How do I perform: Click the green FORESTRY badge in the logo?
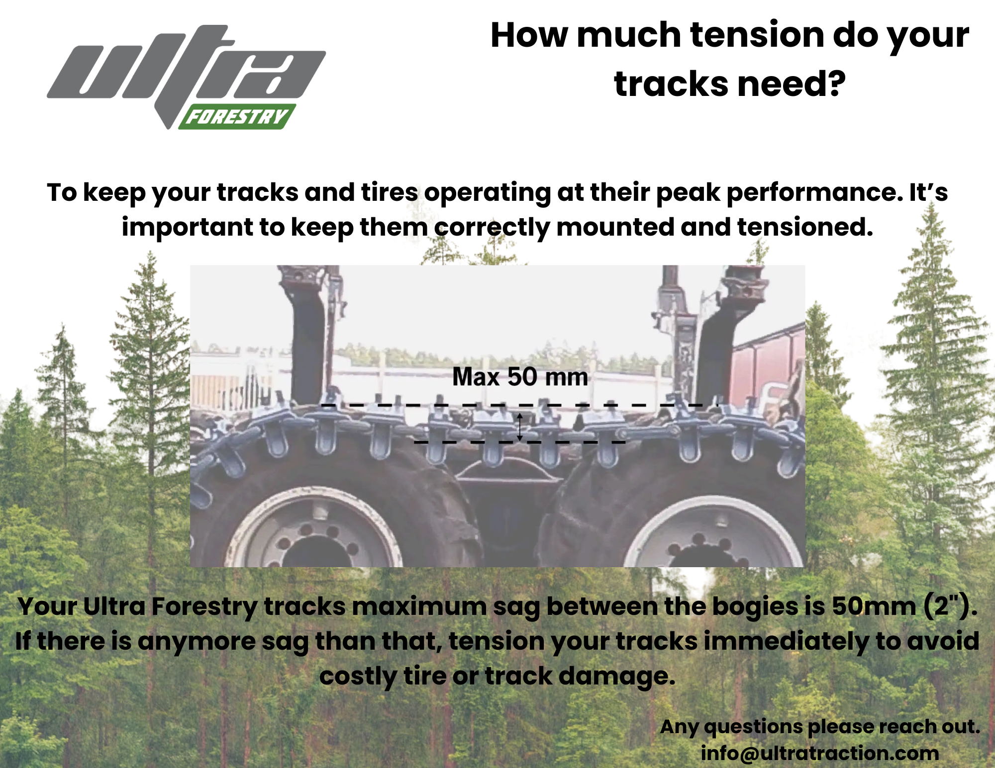238,117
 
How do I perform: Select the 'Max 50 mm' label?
520,377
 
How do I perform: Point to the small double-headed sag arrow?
519,427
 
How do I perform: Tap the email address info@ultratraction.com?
820,753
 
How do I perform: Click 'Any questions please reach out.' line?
820,727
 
